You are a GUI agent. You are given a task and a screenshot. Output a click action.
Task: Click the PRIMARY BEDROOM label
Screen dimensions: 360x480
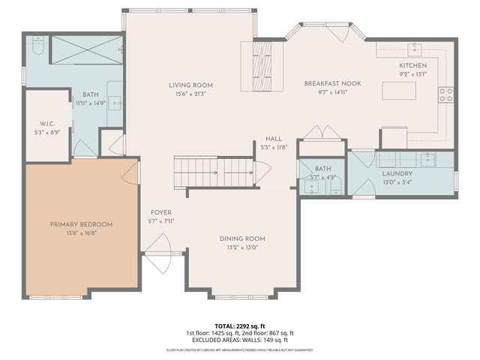point(81,224)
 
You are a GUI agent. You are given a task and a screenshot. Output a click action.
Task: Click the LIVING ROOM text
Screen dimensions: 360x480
point(190,85)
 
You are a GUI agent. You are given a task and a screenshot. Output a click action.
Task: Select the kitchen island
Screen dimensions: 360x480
point(399,91)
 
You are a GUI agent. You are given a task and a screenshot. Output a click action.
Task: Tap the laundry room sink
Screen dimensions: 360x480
point(427,159)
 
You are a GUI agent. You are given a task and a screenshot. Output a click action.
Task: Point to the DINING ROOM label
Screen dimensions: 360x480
point(242,238)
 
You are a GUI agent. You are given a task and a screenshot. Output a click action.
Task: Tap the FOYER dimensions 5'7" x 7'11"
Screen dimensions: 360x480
point(161,220)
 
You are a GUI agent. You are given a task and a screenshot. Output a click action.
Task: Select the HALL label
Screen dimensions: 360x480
point(273,139)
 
